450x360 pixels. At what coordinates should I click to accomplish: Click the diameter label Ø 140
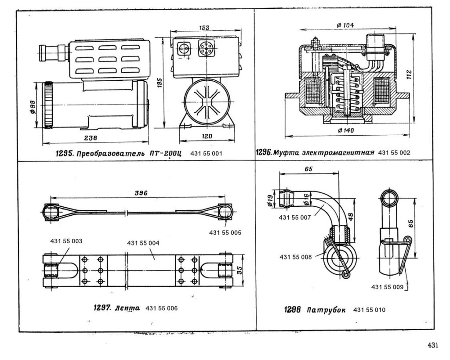pos(347,130)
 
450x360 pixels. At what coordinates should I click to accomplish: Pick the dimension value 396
pos(140,193)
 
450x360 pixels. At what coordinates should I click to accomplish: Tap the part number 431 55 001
pos(207,154)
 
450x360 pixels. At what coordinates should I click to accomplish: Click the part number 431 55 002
pos(394,153)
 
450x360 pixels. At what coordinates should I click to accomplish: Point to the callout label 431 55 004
pos(143,243)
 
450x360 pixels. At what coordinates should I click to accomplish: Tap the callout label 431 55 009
pos(387,287)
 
